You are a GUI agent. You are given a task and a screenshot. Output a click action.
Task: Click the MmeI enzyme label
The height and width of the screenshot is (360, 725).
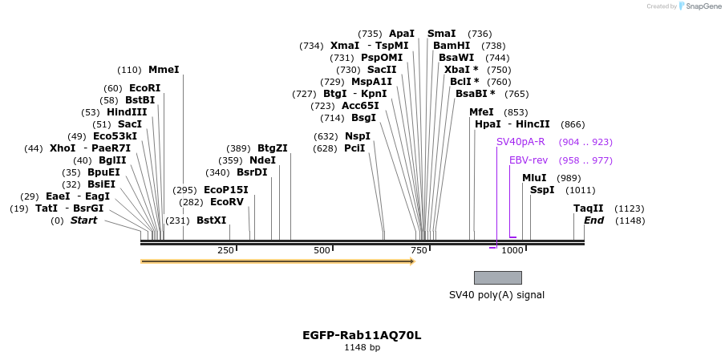(x=164, y=70)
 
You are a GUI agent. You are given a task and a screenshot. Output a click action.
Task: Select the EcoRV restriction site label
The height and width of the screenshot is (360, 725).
(x=226, y=202)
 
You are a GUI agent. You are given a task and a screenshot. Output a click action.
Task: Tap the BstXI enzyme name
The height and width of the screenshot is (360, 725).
(x=212, y=220)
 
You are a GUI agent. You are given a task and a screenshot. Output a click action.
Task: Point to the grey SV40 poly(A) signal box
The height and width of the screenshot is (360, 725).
(x=497, y=277)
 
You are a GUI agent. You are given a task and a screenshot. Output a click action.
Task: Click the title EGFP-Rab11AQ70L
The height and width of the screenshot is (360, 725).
(x=362, y=335)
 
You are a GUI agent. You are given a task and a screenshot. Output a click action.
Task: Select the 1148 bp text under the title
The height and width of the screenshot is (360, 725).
(x=362, y=348)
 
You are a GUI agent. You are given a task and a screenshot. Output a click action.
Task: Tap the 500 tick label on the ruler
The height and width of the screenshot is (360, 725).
(x=322, y=250)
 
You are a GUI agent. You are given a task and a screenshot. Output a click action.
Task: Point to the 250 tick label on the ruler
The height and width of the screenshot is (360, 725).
(x=225, y=250)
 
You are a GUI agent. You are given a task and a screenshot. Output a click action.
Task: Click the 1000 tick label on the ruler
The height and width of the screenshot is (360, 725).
(x=512, y=250)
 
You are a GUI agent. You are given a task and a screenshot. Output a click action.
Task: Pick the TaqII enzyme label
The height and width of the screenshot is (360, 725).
(x=588, y=208)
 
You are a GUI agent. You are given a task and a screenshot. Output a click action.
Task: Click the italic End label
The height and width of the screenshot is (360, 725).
(x=593, y=220)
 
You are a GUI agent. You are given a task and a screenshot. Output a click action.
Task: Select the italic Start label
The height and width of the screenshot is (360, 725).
(x=83, y=220)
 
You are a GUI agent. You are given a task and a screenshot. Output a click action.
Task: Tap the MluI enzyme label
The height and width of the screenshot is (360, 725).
(x=534, y=178)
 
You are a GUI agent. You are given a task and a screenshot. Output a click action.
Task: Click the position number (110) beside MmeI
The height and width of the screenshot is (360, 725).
(x=129, y=70)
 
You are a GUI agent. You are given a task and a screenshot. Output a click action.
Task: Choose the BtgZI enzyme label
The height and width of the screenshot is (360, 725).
(x=273, y=148)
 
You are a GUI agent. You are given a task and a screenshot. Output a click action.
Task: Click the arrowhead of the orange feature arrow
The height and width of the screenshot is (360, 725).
(x=412, y=261)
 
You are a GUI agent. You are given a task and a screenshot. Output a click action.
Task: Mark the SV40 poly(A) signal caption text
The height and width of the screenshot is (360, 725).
(x=496, y=295)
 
